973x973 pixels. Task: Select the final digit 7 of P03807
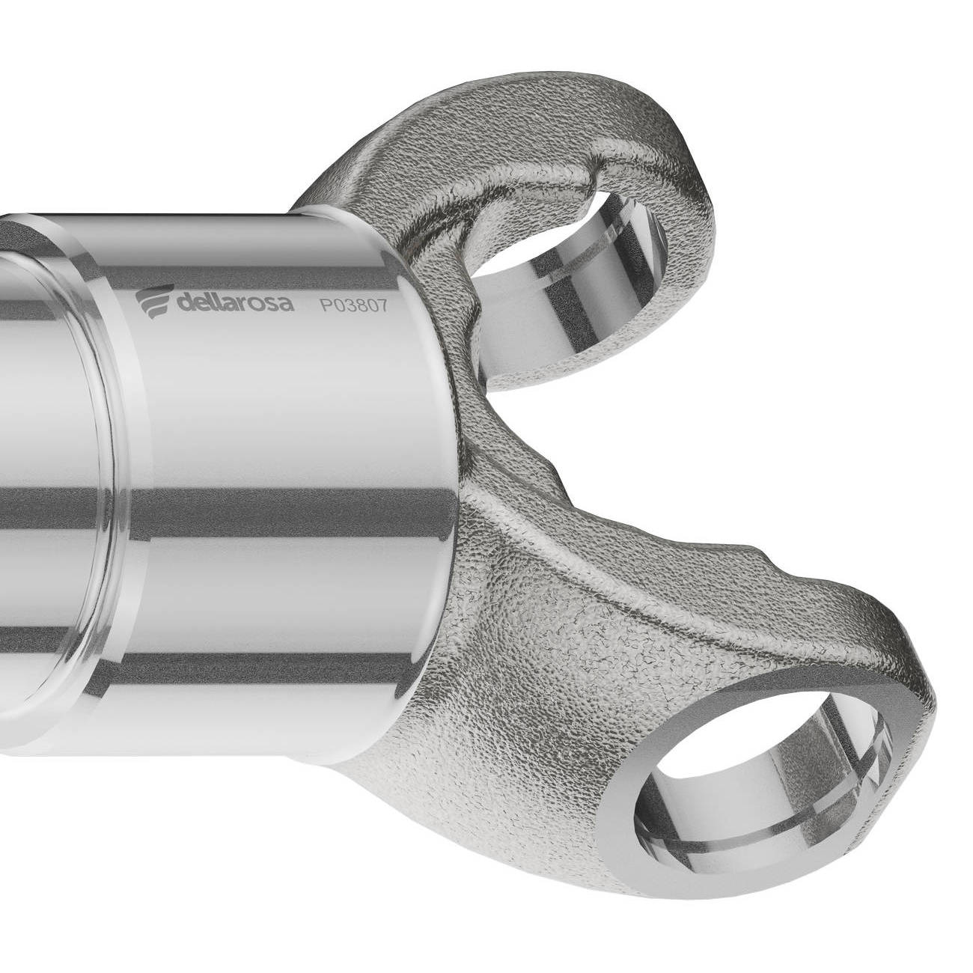(382, 307)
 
